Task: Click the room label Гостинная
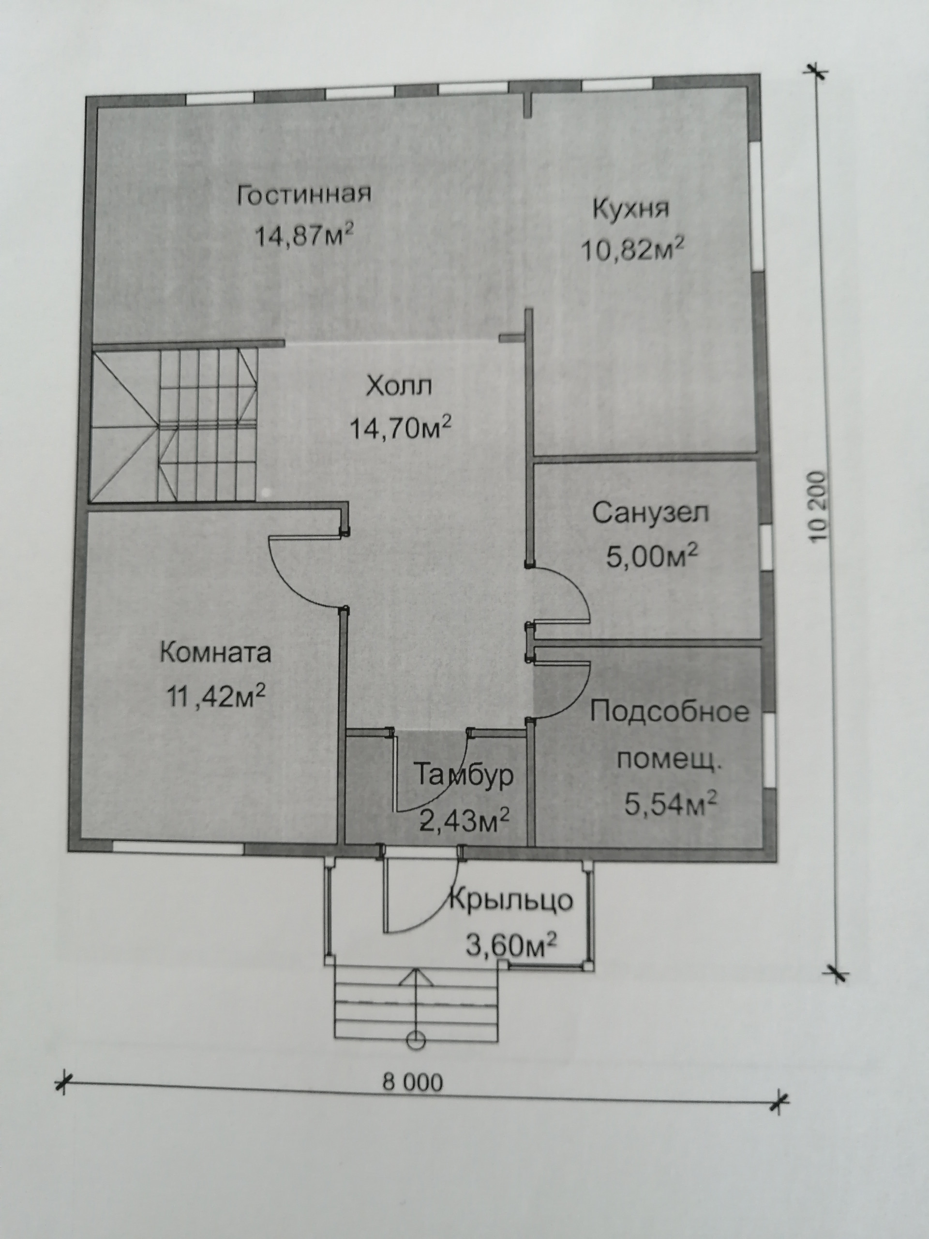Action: click(304, 196)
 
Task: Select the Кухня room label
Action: click(631, 210)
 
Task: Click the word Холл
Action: click(399, 387)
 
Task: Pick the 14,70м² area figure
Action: click(400, 428)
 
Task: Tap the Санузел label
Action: click(651, 513)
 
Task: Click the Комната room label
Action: click(216, 653)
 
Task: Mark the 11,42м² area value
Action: click(216, 697)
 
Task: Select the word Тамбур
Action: click(464, 776)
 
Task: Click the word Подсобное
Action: click(670, 712)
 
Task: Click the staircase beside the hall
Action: click(174, 424)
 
